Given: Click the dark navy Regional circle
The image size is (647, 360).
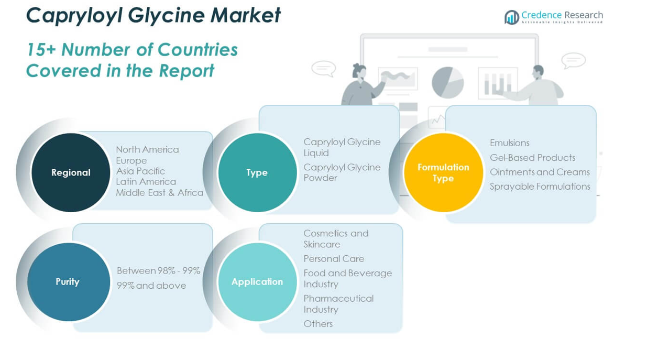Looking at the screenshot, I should tap(71, 172).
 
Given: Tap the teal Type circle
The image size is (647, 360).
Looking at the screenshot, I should tap(257, 172).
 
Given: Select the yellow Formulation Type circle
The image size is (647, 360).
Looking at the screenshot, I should tap(443, 172).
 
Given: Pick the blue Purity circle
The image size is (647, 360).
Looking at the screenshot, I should tap(68, 281).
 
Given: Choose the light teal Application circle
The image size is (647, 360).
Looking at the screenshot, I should tap(257, 281).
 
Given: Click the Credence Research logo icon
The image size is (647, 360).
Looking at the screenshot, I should tap(511, 17).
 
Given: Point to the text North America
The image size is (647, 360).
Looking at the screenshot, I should tap(147, 149).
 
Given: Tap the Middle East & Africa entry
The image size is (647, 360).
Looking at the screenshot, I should tap(159, 192).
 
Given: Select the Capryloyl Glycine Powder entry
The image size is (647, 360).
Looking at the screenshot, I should tap(342, 172).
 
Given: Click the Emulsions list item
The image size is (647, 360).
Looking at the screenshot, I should tap(509, 143).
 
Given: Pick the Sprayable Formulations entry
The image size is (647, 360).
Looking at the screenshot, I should tap(540, 186).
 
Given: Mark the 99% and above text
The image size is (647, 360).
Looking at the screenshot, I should tap(151, 286).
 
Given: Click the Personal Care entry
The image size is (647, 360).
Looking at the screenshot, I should tap(334, 258).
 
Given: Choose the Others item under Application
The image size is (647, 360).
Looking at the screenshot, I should tap(318, 323).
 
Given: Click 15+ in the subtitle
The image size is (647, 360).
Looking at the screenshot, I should tap(41, 50).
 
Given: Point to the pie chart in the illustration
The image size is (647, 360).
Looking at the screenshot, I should tap(447, 82).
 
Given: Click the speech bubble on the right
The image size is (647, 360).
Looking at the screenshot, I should tap(573, 60).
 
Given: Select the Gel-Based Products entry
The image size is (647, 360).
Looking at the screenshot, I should tap(532, 157).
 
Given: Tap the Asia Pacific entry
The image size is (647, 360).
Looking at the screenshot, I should tap(140, 171).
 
